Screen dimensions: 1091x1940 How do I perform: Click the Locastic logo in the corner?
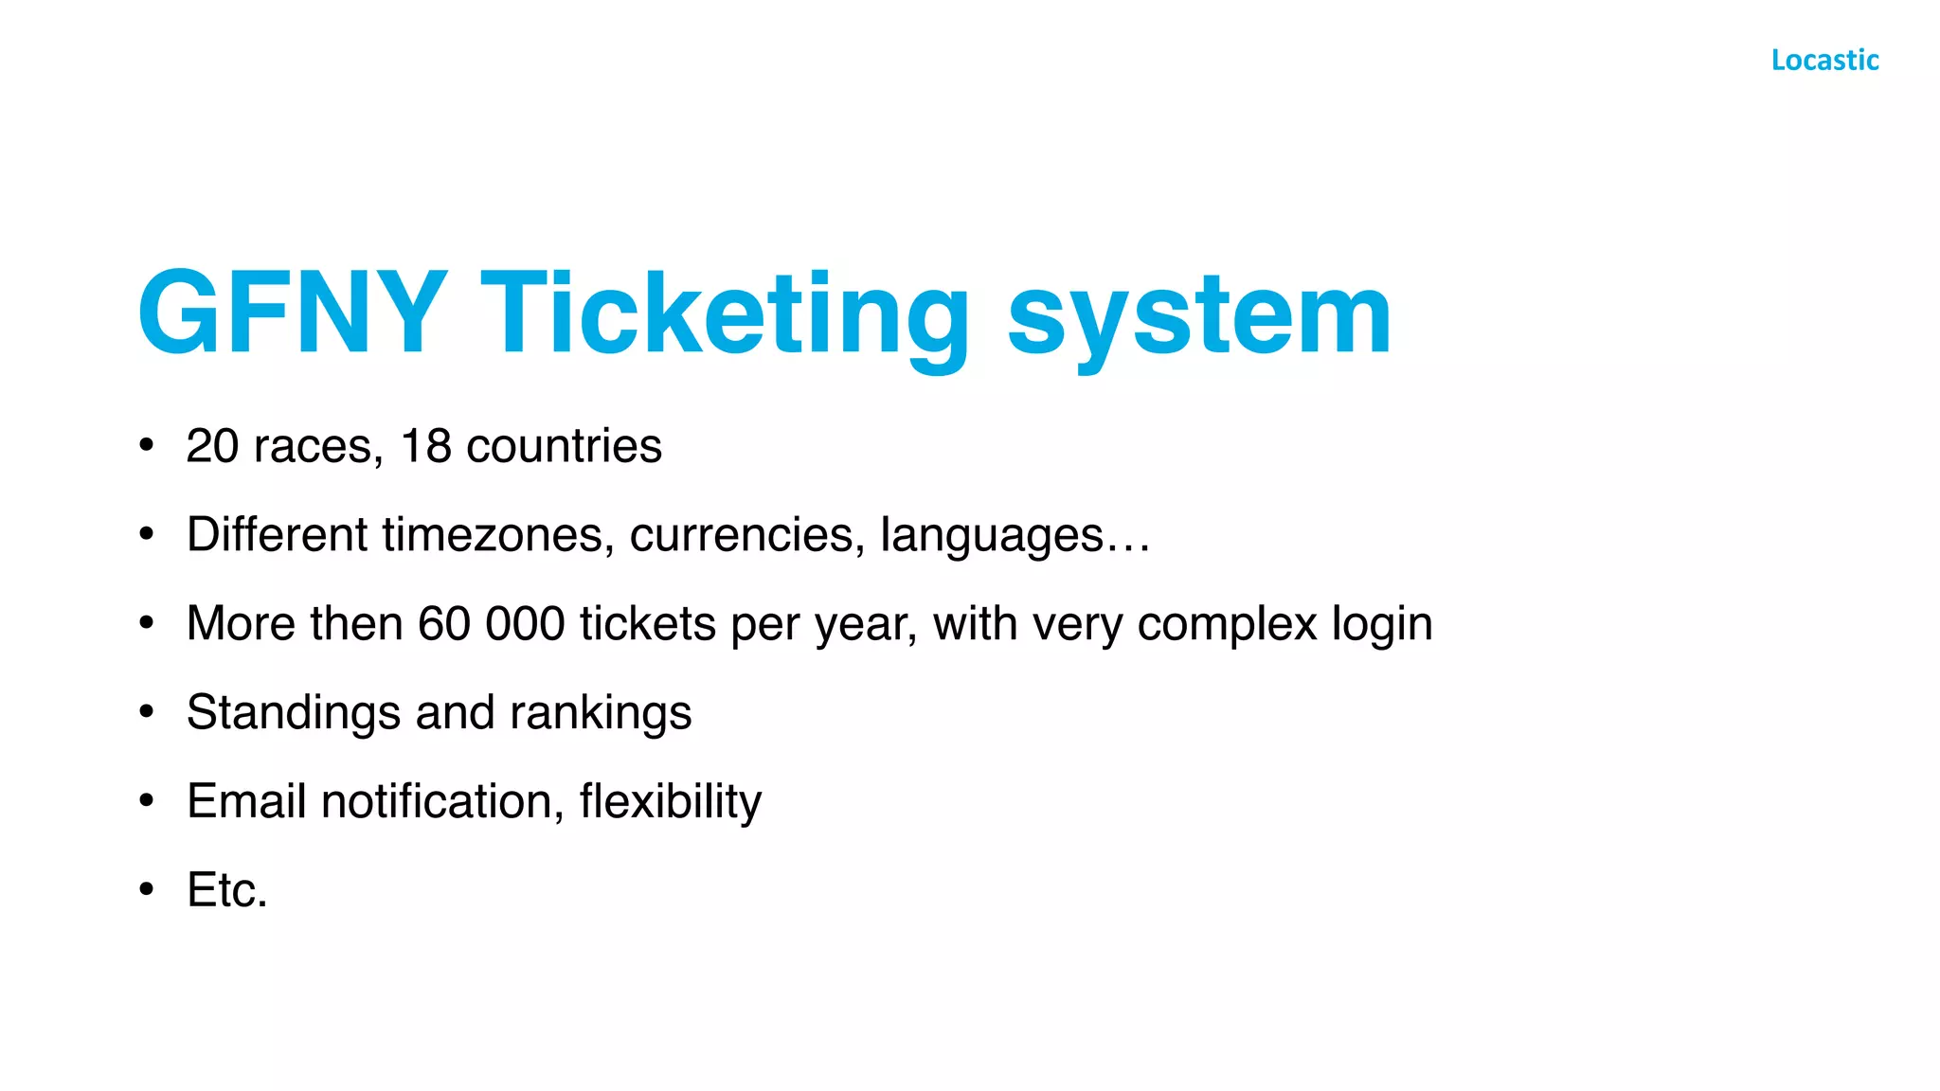click(x=1824, y=60)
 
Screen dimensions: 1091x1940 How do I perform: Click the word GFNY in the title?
click(x=293, y=313)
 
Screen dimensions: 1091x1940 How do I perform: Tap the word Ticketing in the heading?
click(x=726, y=317)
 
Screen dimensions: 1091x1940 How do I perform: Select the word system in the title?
click(x=1199, y=317)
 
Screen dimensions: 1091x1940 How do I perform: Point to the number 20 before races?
click(x=212, y=446)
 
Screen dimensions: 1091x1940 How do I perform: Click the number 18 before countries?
click(x=426, y=446)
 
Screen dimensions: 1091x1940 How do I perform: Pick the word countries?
click(x=564, y=446)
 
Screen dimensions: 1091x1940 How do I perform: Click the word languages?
click(x=992, y=536)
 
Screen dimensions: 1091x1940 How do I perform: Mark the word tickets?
click(x=648, y=624)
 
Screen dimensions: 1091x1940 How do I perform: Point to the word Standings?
click(x=294, y=713)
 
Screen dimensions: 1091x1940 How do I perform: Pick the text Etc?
click(x=227, y=890)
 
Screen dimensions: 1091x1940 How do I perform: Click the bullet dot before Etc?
click(x=146, y=889)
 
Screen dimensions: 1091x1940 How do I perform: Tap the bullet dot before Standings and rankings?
click(x=146, y=712)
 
